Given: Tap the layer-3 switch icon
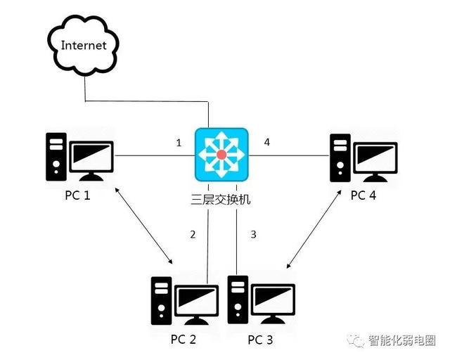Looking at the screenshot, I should [x=221, y=154].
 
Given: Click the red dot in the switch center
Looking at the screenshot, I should [x=221, y=154].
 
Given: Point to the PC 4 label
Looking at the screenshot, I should [x=364, y=195].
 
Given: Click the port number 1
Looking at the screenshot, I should [x=179, y=143].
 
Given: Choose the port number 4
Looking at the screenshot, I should [x=266, y=143].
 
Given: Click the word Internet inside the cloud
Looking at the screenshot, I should [x=84, y=46].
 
